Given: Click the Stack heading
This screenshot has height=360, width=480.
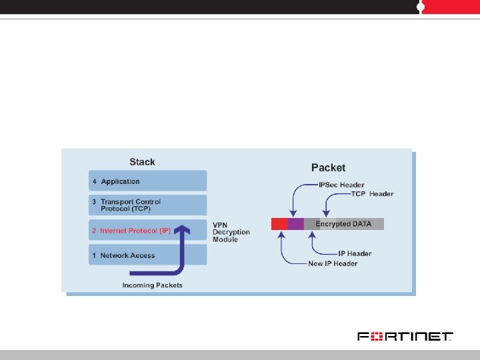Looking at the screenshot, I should point(142,162).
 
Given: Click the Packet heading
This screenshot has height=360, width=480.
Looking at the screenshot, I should point(328,168).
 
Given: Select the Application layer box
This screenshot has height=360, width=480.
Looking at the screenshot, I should point(148,181).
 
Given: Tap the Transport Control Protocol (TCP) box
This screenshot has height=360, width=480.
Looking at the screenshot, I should point(148,205).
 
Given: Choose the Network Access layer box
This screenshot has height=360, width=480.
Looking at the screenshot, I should point(148,255).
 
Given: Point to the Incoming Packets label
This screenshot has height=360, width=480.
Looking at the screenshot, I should point(152,285).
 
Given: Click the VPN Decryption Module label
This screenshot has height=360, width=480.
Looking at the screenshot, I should point(231,232).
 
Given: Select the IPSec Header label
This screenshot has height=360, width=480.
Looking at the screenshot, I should point(341,185).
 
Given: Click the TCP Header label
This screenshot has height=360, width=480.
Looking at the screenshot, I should point(372,194).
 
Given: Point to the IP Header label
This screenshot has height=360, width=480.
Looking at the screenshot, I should point(355,253).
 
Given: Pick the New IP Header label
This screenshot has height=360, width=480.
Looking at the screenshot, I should point(333,264).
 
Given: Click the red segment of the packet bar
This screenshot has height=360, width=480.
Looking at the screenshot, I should point(279,224).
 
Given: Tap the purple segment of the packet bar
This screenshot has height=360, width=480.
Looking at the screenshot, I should point(296,224).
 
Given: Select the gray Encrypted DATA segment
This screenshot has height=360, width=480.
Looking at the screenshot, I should point(344,224).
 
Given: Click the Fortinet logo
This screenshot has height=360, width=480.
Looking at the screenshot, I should point(405,336).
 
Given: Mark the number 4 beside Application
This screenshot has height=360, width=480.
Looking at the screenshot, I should point(94,181).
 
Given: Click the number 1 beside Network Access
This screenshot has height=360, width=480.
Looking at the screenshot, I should point(94,255).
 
